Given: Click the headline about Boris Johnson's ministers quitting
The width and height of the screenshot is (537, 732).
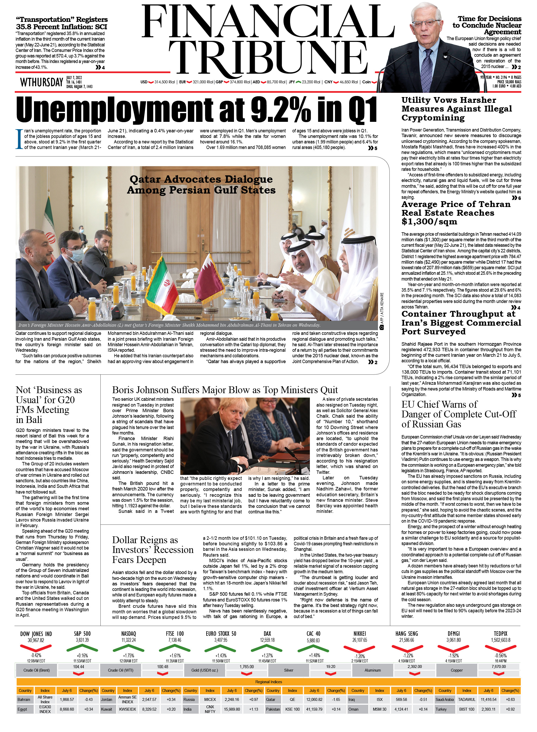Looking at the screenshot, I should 225,390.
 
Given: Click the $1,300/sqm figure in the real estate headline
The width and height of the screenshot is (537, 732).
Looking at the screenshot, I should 429,222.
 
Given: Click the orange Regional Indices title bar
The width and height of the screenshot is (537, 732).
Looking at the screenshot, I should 268,682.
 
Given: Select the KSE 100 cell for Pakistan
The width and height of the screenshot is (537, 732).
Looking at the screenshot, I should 292,709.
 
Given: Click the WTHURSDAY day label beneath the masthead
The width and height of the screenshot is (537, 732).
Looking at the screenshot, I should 42,83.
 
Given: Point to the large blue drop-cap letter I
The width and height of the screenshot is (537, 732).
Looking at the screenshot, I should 19,139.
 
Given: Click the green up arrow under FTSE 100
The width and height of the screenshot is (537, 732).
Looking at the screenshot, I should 175,649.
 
